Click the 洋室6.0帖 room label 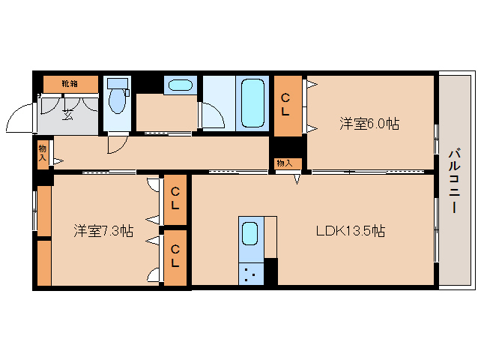point(369,124)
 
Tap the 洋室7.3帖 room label point(103,231)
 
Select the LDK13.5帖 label point(349,231)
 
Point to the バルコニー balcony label point(455,181)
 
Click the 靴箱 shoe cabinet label point(70,82)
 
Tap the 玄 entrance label point(68,114)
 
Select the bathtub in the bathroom point(252,103)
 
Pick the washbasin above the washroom point(179,85)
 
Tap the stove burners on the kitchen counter point(251,274)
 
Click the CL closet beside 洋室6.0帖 point(286,105)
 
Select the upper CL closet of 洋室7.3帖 point(175,199)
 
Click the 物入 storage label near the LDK point(284,163)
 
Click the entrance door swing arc point(20,116)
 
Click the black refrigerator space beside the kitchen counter point(270,271)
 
